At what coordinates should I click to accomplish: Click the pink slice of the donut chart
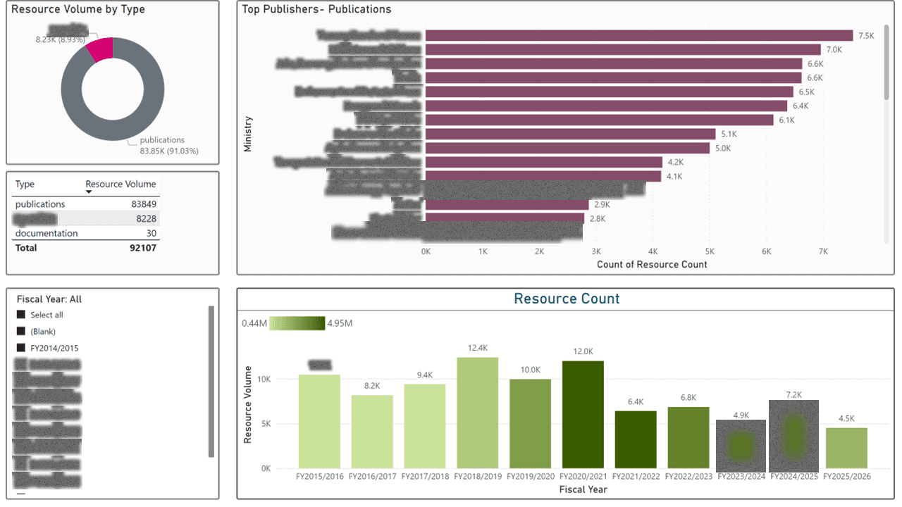click(100, 50)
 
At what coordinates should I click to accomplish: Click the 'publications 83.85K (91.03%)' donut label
click(162, 145)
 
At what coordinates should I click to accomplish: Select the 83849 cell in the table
click(142, 204)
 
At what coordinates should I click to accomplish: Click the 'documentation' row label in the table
click(47, 233)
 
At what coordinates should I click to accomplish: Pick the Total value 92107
click(142, 248)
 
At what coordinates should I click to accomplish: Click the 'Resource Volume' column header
click(121, 184)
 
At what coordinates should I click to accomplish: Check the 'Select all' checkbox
click(21, 315)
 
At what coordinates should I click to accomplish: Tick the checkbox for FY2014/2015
click(21, 348)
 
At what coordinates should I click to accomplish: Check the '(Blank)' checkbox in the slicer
click(21, 331)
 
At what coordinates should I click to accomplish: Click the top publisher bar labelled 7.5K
click(638, 36)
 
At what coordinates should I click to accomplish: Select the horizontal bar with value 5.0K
click(567, 148)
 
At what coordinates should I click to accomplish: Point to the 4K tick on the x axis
click(653, 251)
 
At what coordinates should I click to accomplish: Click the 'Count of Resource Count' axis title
click(652, 265)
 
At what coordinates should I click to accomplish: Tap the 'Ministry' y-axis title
click(247, 134)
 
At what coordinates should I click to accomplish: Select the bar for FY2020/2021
click(583, 415)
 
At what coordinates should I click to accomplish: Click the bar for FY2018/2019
click(477, 413)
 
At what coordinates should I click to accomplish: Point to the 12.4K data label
click(477, 348)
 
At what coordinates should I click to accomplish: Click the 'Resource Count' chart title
click(567, 299)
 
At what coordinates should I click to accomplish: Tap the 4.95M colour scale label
click(340, 323)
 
